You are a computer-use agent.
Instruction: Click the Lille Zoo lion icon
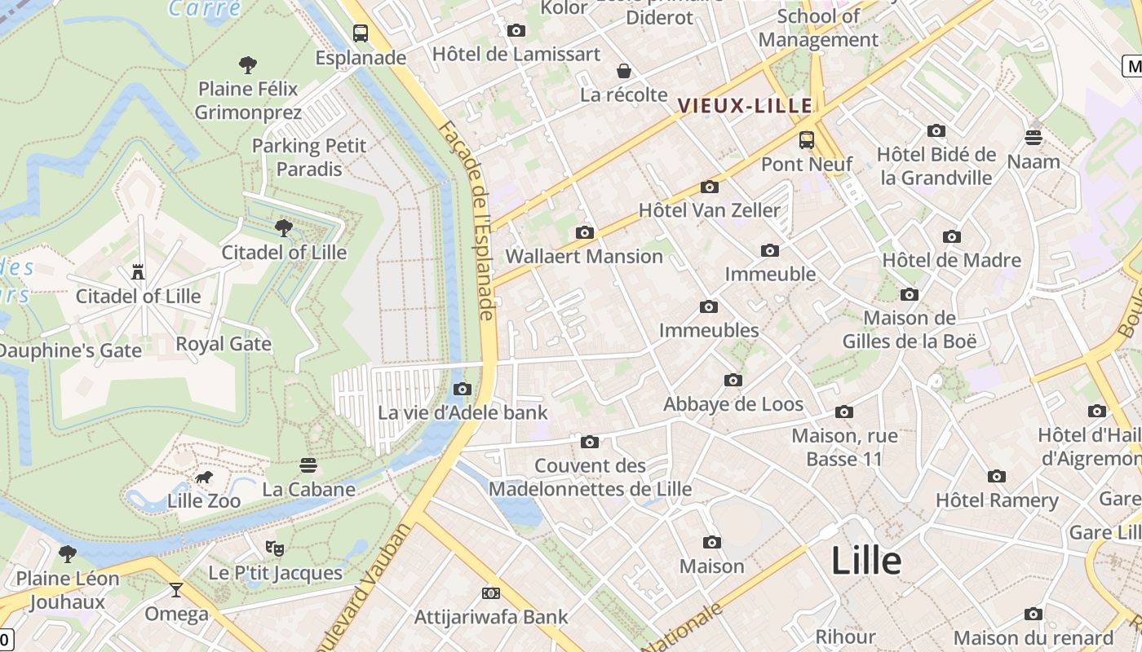(204, 477)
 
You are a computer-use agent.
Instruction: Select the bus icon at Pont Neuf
(807, 140)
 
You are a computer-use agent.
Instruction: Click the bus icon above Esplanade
(361, 33)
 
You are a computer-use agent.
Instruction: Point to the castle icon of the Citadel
(139, 272)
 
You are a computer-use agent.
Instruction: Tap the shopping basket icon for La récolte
(624, 71)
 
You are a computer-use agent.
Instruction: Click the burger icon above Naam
(1034, 137)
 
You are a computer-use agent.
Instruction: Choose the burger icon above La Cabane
(308, 465)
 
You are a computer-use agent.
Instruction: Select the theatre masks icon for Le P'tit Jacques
(275, 548)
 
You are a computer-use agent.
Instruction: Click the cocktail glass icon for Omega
(176, 589)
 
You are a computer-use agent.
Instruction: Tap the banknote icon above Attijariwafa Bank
(491, 593)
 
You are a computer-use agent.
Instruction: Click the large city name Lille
(866, 561)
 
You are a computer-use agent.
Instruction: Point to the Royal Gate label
(224, 344)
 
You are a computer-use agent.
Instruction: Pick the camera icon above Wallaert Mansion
(584, 233)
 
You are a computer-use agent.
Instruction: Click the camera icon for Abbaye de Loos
(733, 381)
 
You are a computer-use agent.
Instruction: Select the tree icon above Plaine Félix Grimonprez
(248, 64)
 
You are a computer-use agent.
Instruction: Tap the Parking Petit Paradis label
(309, 157)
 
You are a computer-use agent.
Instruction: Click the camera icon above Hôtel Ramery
(996, 477)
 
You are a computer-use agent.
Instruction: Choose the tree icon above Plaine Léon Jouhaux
(68, 554)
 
